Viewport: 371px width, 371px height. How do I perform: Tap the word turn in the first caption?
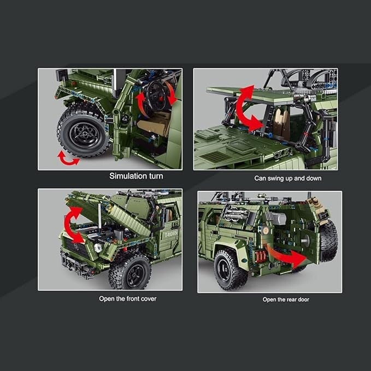tap(156, 176)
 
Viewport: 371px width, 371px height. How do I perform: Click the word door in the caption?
tap(304, 299)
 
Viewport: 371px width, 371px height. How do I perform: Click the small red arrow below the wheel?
tap(68, 159)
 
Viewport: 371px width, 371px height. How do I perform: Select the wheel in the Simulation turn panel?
tap(83, 131)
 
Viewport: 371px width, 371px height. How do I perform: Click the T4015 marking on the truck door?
tap(171, 234)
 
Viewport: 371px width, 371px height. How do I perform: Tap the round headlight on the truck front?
tap(98, 248)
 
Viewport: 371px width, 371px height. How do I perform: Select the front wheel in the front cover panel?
tap(129, 272)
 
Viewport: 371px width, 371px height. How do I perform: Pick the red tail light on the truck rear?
tap(260, 257)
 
